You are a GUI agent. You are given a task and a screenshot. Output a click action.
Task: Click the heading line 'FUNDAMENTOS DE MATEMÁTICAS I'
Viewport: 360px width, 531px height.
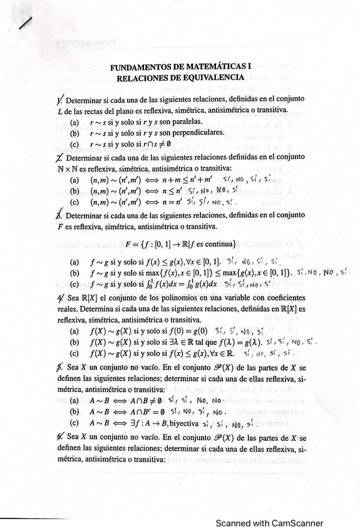point(180,66)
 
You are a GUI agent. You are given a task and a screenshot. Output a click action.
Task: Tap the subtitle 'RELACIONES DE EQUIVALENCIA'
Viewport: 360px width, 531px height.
point(180,77)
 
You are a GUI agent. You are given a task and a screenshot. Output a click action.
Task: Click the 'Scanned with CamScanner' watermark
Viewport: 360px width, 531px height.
point(270,523)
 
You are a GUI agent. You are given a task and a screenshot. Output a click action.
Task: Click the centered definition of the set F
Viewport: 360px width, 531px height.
point(180,243)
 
